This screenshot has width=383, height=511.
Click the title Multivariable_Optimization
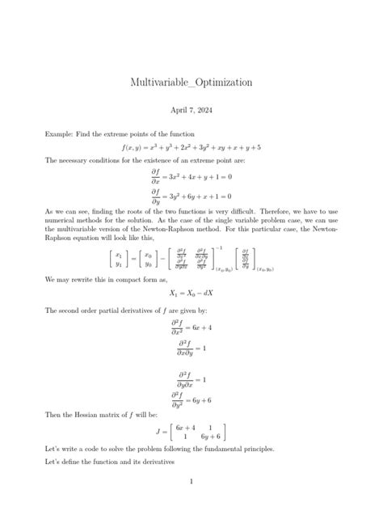(191, 82)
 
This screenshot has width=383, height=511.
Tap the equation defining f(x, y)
(191, 148)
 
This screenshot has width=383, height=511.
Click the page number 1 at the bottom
(191, 483)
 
